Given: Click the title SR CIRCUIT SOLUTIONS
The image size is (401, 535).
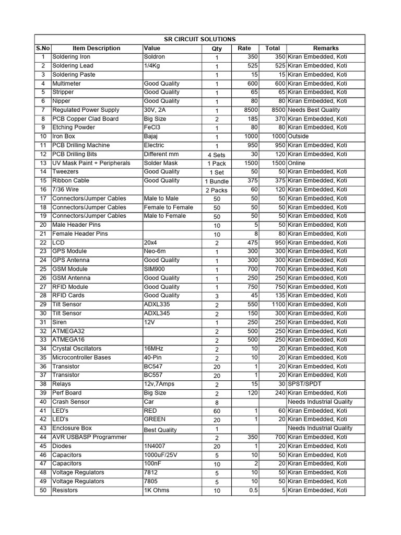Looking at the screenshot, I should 200,39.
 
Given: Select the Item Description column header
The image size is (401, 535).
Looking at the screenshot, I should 96,48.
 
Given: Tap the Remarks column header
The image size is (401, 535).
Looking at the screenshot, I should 326,48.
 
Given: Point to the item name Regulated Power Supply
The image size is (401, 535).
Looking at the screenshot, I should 86,110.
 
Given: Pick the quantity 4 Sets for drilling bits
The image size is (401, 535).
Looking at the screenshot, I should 217,155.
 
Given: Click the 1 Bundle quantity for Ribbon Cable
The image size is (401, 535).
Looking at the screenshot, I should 217,181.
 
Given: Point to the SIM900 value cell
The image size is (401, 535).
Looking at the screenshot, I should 155,269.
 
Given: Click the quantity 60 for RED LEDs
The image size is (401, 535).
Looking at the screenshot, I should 217,411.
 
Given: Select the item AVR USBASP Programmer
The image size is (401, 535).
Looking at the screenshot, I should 89,437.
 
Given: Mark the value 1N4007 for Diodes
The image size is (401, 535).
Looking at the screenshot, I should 156,446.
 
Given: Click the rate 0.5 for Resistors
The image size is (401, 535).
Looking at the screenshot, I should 253,490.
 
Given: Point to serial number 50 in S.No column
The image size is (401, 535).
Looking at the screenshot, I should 43,490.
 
